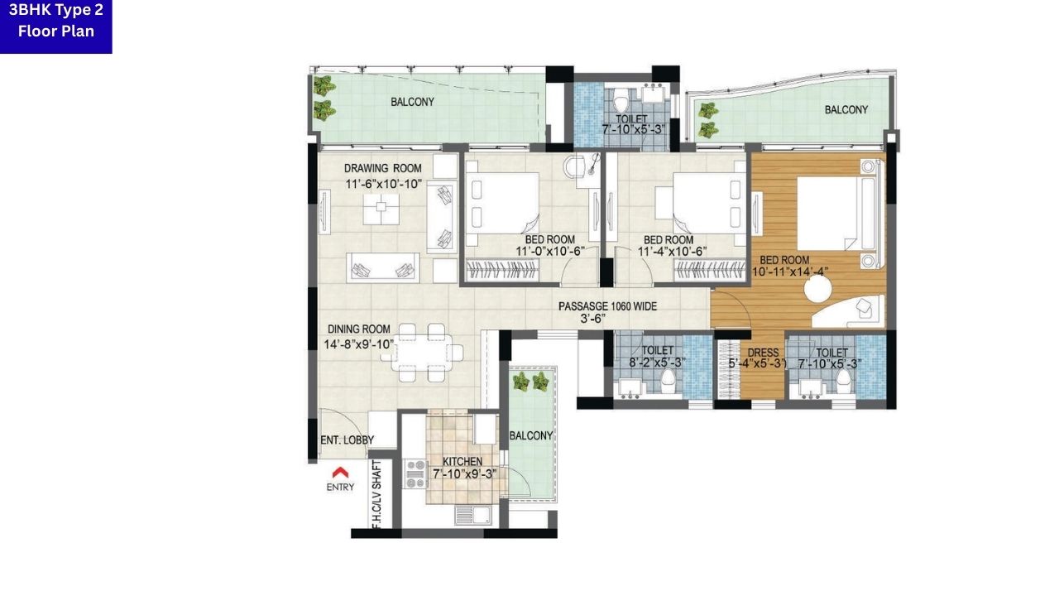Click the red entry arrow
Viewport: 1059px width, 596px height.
point(340,472)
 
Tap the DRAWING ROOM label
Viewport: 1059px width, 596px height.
point(383,168)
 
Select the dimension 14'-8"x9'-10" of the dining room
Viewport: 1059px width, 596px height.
point(359,344)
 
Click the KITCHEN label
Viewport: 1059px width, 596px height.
point(462,461)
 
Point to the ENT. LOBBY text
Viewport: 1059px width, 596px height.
point(347,440)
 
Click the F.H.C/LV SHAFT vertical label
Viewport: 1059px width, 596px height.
point(376,494)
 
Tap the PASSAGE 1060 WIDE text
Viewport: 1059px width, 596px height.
point(607,306)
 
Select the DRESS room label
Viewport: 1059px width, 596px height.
point(763,353)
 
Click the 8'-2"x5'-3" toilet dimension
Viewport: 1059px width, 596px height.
point(658,363)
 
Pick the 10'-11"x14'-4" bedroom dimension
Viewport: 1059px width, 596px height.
point(790,272)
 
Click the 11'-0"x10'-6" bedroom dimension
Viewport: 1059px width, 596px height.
point(550,251)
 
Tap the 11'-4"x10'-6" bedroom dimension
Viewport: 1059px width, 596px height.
point(673,251)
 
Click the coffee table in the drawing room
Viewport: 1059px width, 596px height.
point(381,209)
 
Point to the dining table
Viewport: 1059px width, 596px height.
point(421,353)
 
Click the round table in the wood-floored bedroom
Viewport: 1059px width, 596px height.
point(818,289)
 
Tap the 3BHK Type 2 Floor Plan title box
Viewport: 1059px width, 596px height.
point(55,26)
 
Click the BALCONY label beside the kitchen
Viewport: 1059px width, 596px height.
point(531,435)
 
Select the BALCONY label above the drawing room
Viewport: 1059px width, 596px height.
point(412,102)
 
